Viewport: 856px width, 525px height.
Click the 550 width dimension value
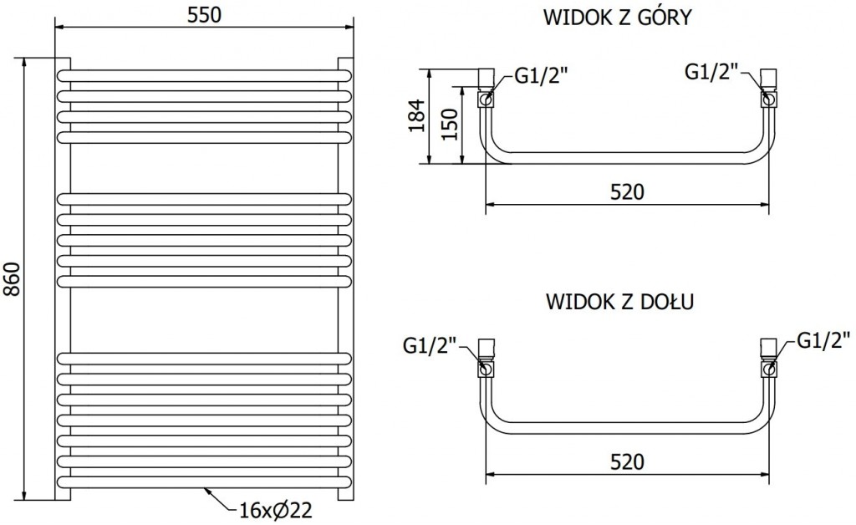pos(206,14)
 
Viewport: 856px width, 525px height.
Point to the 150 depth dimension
pos(450,125)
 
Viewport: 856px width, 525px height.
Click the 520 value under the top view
pos(627,191)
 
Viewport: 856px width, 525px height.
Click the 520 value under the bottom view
pos(627,461)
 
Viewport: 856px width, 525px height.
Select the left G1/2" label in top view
pos(541,75)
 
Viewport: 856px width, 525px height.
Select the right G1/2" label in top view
pos(712,73)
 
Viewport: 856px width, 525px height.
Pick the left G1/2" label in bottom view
pos(430,344)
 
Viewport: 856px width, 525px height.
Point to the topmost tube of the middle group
pos(205,198)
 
